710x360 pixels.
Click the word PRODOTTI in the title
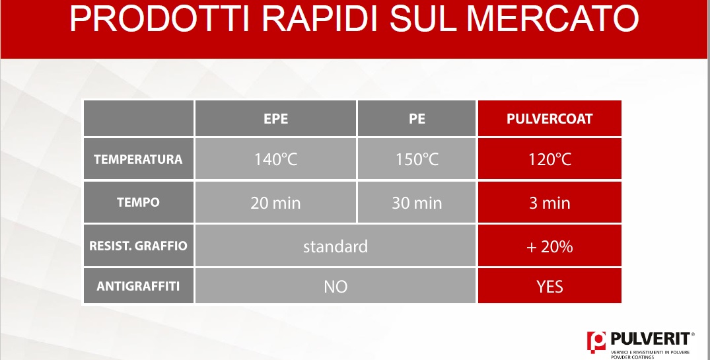point(160,18)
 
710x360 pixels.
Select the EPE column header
point(276,119)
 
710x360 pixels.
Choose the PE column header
point(417,119)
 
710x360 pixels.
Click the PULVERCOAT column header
point(550,119)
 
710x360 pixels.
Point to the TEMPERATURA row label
point(138,159)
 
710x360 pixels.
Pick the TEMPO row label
point(138,202)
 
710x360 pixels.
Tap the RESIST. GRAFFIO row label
point(138,246)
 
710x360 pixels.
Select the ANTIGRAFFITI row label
point(138,286)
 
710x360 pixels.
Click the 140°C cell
point(276,159)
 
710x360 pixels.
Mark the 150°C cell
point(417,159)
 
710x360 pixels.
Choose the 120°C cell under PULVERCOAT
point(550,159)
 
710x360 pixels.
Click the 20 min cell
point(276,203)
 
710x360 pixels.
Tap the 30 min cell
point(417,203)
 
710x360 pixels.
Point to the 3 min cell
point(550,203)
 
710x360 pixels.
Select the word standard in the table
point(336,246)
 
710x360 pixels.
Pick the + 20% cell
point(550,246)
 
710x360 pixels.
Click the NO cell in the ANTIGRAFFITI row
point(336,287)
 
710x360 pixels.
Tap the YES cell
point(550,287)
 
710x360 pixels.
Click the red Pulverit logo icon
point(596,342)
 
